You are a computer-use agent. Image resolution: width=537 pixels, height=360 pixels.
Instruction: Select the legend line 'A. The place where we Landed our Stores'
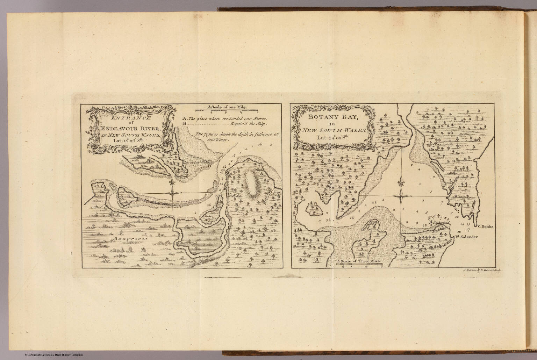225,118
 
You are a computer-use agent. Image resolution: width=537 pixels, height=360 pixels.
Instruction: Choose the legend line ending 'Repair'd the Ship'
249,124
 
